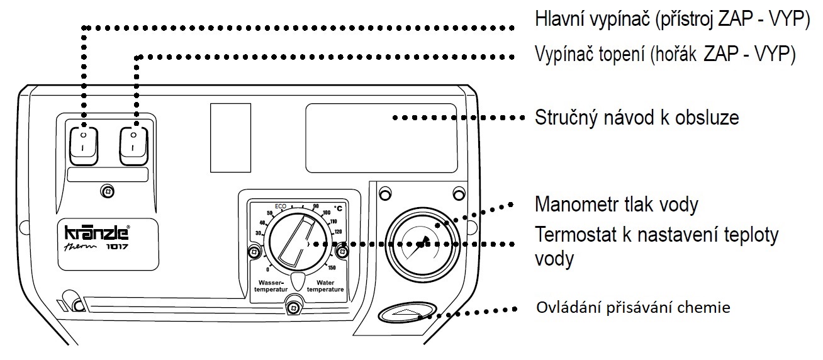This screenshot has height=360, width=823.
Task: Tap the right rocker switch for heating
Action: coord(134,145)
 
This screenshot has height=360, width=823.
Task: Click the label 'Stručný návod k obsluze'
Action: coord(636,118)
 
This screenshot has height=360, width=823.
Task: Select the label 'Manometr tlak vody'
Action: coord(625,205)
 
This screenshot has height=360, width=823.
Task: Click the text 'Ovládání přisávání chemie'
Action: coord(633,308)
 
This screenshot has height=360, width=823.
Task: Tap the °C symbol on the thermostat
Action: coord(338,207)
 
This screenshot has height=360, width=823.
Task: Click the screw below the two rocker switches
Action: coord(108,191)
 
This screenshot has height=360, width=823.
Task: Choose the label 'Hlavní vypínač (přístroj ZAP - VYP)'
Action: coord(671,19)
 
